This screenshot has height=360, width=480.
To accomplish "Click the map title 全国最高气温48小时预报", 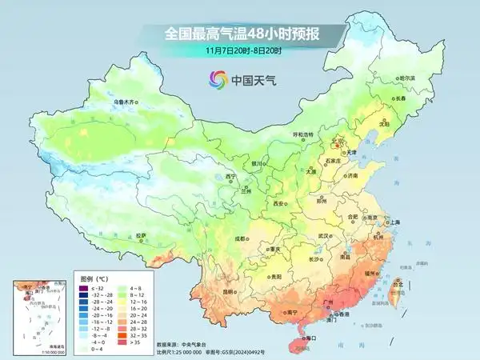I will pyautogui.click(x=239, y=34).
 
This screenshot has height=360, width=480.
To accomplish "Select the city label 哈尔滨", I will pyautogui.click(x=408, y=78).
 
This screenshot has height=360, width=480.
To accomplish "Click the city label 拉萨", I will pyautogui.click(x=141, y=235).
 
